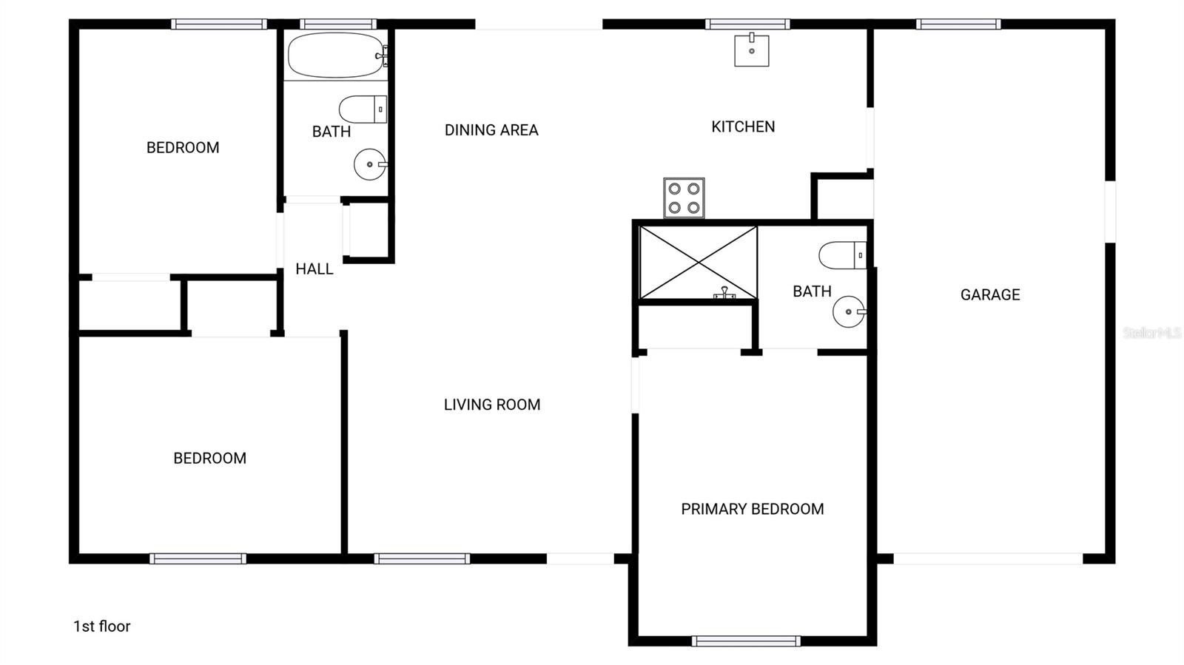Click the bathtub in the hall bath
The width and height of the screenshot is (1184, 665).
click(336, 55)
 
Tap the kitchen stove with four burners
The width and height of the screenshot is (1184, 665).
click(684, 198)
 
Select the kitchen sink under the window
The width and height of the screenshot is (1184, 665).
click(751, 50)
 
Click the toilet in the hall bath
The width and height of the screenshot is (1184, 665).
click(363, 109)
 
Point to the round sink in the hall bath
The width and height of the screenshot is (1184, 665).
click(370, 164)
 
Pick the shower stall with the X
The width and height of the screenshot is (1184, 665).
click(699, 263)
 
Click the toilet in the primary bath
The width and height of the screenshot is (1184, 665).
click(842, 255)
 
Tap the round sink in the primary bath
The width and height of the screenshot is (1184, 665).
click(849, 311)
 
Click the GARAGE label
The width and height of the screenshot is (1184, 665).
click(990, 294)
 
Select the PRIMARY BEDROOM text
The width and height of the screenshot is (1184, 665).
click(753, 509)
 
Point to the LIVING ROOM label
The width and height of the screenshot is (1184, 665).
click(492, 405)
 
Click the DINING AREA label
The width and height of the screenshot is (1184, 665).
click(491, 130)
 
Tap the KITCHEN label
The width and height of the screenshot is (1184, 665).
click(743, 126)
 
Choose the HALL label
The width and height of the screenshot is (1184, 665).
click(314, 269)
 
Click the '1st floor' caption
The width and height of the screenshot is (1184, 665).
click(102, 627)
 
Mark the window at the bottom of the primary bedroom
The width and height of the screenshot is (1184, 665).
click(746, 641)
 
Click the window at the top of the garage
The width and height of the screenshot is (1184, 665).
click(958, 24)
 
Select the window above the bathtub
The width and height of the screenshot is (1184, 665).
click(338, 24)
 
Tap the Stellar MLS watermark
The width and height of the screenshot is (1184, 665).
click(1151, 333)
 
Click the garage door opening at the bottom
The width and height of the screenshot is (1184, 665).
click(988, 558)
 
